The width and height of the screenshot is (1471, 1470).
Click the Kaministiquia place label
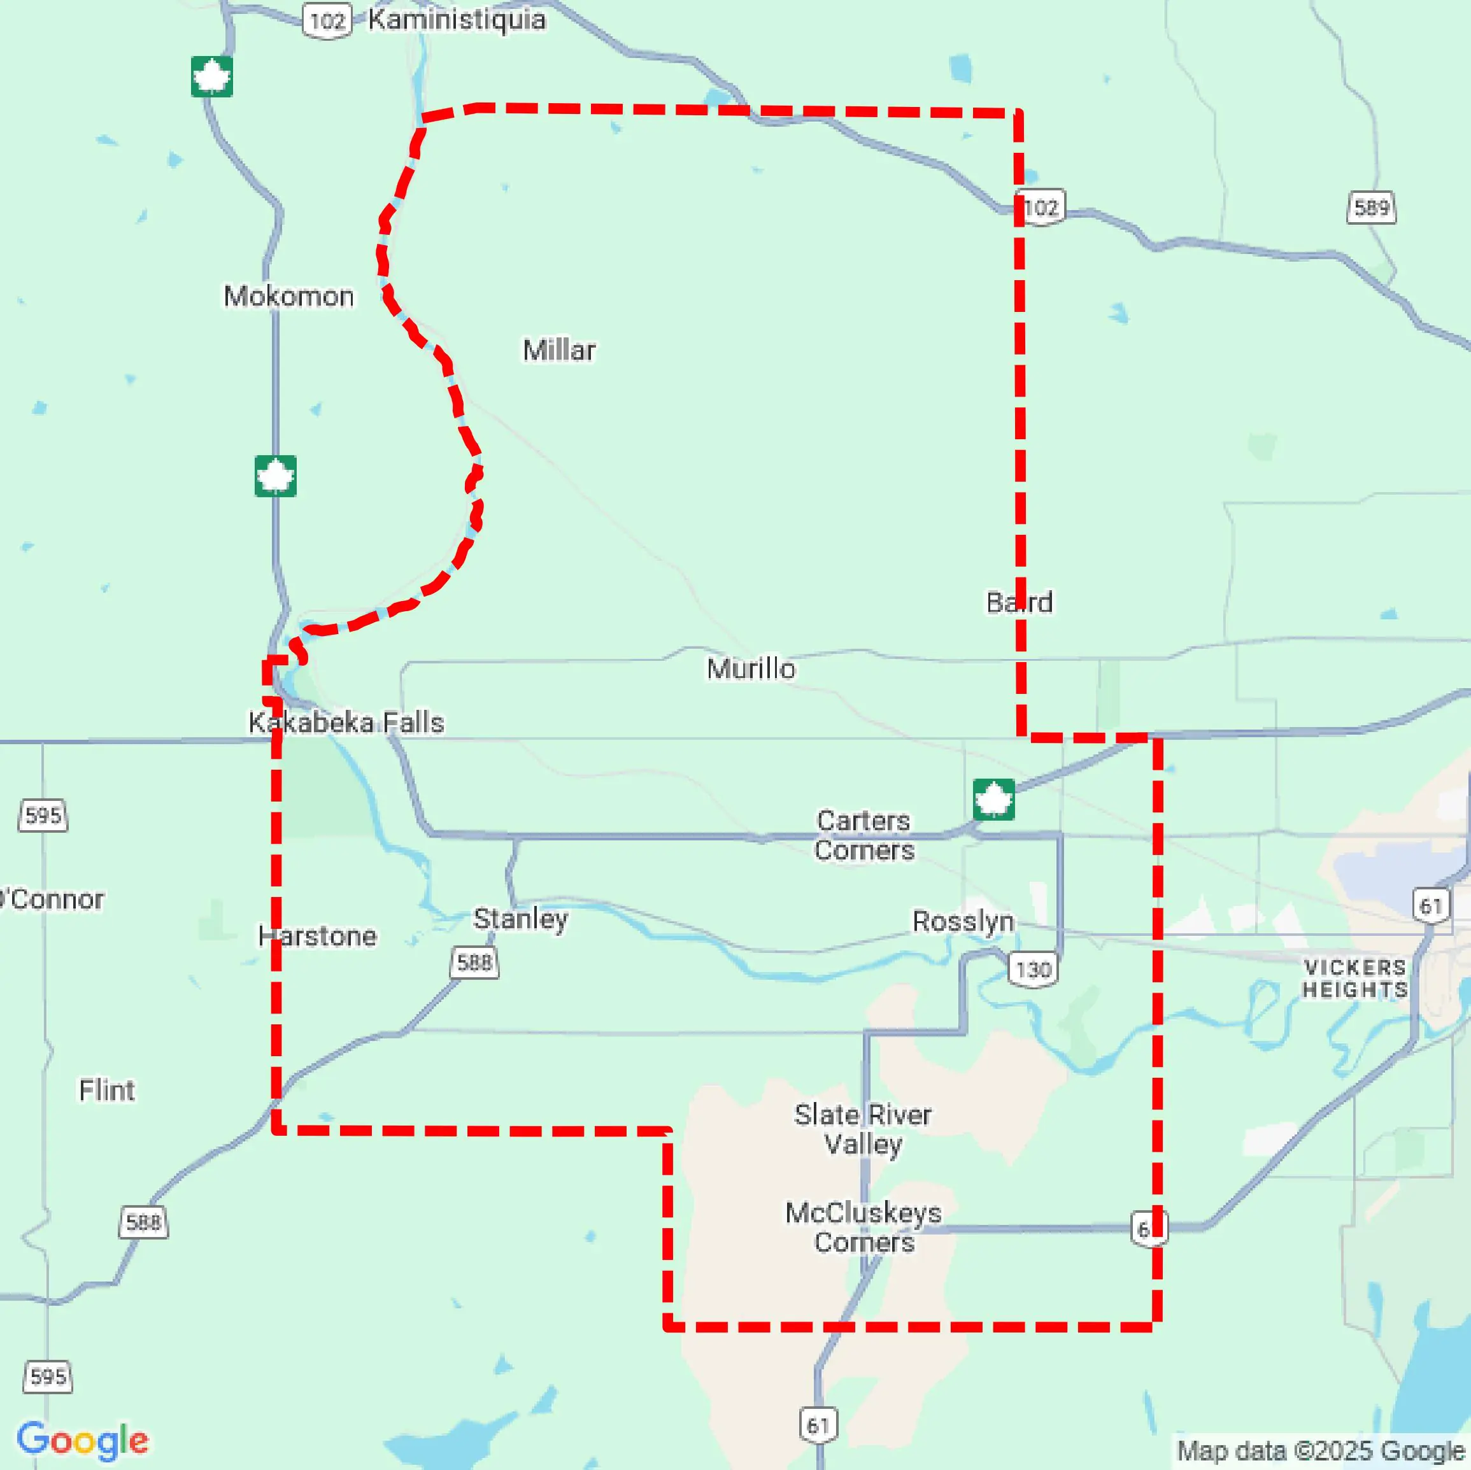(x=456, y=20)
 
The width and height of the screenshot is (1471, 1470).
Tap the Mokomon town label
(x=288, y=295)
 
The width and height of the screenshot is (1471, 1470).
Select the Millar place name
(x=559, y=350)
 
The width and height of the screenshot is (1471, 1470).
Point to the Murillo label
(x=751, y=668)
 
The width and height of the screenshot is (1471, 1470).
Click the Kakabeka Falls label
(x=346, y=722)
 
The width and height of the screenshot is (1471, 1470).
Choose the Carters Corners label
(x=863, y=835)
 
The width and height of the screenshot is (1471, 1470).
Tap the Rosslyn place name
(x=962, y=921)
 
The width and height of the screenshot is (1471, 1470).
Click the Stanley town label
(x=520, y=919)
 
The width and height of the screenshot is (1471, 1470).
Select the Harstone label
(x=316, y=936)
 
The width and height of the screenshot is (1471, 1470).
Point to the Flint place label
(x=106, y=1090)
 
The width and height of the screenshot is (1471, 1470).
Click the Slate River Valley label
(x=863, y=1129)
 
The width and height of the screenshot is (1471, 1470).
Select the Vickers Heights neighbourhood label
(x=1354, y=979)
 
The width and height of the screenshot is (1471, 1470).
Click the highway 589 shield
(x=1371, y=207)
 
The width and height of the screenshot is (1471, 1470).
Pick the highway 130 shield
(x=1032, y=970)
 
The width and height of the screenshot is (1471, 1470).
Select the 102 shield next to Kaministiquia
(x=327, y=20)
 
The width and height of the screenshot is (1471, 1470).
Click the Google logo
(x=82, y=1439)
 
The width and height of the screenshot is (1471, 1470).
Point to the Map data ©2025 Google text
(x=1320, y=1450)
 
